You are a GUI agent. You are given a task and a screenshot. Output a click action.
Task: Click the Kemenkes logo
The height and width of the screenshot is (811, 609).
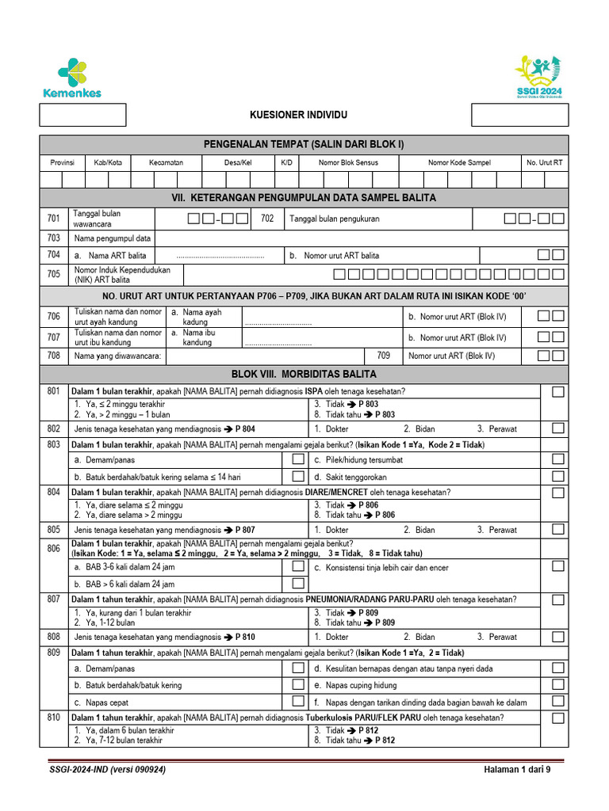(72, 78)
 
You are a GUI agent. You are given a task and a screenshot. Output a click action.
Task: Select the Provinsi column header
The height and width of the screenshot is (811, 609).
(63, 162)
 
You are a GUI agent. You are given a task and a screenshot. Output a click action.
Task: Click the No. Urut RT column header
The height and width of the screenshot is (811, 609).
(544, 162)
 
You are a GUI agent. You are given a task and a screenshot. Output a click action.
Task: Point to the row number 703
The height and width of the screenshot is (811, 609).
(53, 238)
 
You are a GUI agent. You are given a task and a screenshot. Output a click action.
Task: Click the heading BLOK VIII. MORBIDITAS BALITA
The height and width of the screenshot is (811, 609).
(304, 374)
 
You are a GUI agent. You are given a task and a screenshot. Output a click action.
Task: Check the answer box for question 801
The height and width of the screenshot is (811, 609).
(558, 391)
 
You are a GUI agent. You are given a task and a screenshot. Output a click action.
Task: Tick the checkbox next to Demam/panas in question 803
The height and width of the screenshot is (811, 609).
(298, 459)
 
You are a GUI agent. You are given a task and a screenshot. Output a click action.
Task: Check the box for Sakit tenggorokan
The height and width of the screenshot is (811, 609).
(558, 477)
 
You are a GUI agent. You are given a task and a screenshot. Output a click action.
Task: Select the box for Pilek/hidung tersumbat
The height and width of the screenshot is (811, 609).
(558, 459)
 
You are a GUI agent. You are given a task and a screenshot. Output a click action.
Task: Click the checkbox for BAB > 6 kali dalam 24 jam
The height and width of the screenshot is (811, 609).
(298, 584)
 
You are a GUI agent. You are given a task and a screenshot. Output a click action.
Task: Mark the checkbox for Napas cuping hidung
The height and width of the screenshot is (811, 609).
(558, 685)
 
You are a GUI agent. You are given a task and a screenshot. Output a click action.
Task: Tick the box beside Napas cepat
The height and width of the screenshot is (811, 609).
(298, 702)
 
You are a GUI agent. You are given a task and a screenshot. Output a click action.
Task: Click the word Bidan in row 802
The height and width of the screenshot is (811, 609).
(425, 428)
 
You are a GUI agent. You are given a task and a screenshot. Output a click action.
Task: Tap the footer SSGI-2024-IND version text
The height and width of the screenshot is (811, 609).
(107, 770)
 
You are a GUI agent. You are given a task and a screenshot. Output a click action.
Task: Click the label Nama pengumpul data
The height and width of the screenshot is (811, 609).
(113, 238)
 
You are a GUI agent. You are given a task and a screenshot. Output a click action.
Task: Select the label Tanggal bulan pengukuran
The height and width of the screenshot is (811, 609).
(335, 219)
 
